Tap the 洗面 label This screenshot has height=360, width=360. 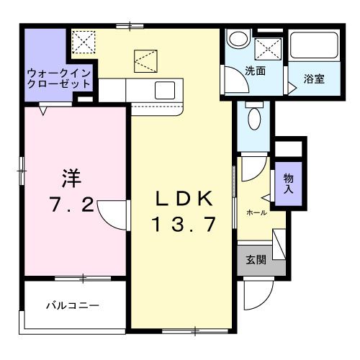[254, 71]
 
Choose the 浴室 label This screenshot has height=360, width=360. [313, 78]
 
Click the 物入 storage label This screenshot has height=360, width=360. [288, 183]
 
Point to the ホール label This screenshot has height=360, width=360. [256, 212]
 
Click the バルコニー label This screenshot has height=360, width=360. [73, 305]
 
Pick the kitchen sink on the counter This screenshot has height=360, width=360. [163, 91]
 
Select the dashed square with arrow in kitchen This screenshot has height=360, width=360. [144, 60]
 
